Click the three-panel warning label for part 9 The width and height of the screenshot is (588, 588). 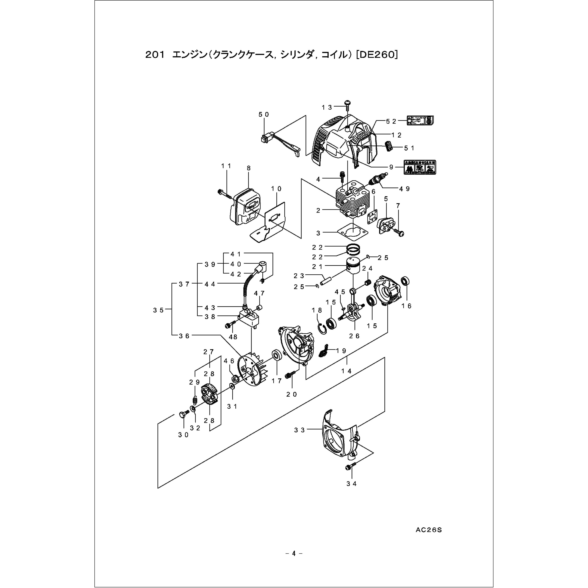coord(420,167)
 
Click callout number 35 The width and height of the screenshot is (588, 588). coord(158,310)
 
